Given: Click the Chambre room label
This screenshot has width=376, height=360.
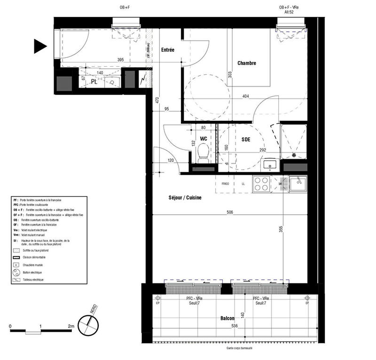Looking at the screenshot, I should pos(246,63).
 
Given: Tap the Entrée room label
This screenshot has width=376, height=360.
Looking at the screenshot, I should pos(168,50).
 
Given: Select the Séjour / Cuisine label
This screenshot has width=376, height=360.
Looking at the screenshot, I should pos(186,198).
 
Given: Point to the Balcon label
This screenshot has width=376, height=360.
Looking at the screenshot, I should pos(227,319).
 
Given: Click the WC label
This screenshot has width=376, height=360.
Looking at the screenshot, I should pos(204,139).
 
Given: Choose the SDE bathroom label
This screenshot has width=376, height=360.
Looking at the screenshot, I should pos(246,139).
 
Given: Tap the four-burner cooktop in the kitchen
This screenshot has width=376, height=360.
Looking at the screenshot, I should pos(261,183).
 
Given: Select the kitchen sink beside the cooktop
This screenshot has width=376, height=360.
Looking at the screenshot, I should pos(298,183).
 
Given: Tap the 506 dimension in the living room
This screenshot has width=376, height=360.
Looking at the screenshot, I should pos(229,212).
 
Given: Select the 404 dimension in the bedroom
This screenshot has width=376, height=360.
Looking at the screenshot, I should pos(245,96).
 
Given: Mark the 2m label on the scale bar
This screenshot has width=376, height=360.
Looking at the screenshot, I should pos(71,326).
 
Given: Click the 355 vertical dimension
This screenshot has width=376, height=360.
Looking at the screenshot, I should pos(281,229).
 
